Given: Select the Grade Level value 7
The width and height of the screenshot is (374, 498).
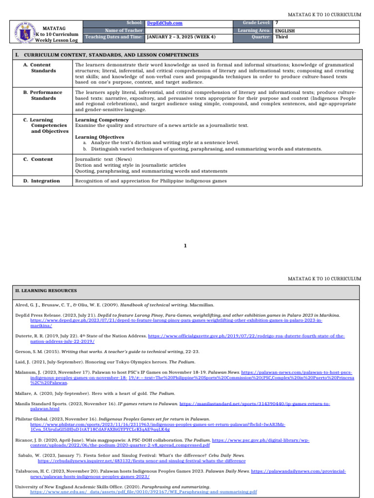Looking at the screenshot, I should click(277, 23).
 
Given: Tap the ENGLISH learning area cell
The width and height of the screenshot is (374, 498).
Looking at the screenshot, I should click(285, 30).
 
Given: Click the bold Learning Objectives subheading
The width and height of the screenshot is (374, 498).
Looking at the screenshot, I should click(99, 137).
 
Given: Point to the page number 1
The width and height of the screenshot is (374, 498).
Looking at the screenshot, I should click(185, 246).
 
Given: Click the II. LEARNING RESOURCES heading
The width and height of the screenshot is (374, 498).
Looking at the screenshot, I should click(45, 290).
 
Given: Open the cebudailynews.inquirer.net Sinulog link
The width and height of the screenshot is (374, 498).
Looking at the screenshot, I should click(141, 461).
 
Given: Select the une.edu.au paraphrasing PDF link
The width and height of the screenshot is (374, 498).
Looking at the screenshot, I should click(143, 492).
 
